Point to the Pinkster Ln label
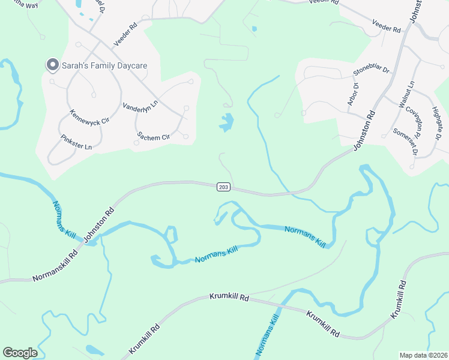click(x=76, y=142)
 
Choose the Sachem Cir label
click(x=154, y=136)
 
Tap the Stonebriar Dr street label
click(x=371, y=76)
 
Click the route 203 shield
click(x=223, y=187)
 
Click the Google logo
click(x=20, y=353)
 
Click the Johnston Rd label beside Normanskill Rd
click(x=99, y=226)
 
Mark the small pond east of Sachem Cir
click(x=226, y=122)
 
